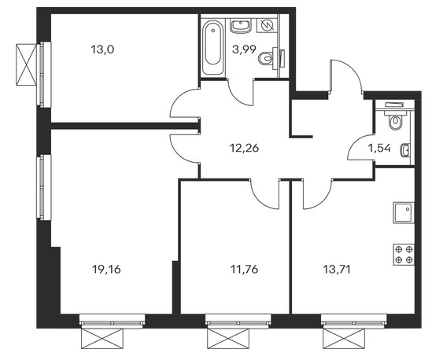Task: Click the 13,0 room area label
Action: pos(102,50)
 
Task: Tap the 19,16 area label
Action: pos(106,270)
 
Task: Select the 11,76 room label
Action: pos(245,270)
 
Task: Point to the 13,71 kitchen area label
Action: pos(337,270)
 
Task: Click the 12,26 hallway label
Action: pos(245,148)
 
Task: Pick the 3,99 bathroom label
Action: pos(244,50)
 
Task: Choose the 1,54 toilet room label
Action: pos(380,148)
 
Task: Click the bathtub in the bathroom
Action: pos(213,47)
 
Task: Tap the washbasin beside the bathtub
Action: pos(241,26)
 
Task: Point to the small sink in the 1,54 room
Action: pos(405,150)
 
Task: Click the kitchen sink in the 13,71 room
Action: pos(404,212)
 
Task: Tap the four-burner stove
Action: pos(404,255)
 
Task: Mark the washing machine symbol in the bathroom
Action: pos(267,26)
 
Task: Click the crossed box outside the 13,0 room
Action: pos(27,64)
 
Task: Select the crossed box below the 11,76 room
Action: pos(228,339)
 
